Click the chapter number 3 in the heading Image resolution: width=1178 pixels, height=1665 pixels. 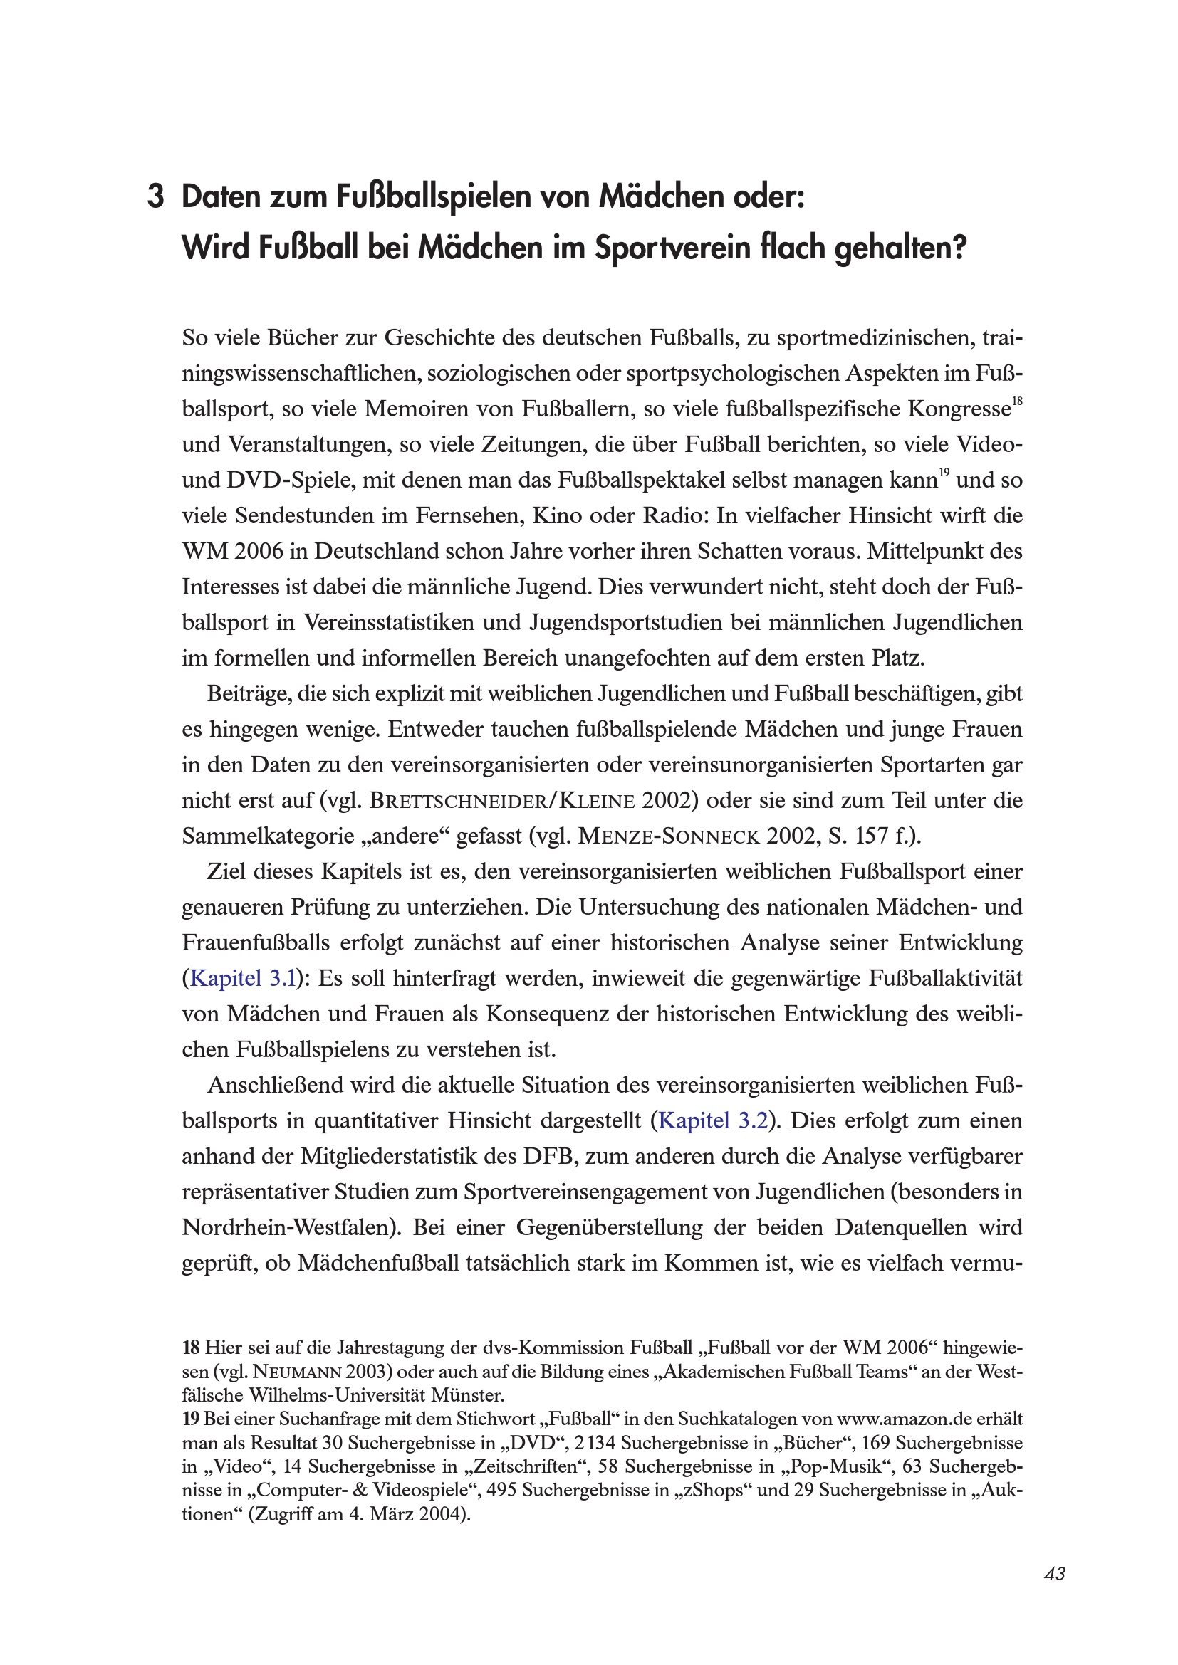click(155, 198)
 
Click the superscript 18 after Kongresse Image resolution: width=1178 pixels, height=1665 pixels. click(1017, 401)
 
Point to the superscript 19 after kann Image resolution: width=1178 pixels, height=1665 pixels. click(944, 473)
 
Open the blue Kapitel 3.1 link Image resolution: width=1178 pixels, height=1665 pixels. click(242, 979)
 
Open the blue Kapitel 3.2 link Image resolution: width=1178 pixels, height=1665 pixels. click(712, 1121)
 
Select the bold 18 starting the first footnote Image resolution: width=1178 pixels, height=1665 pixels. click(191, 1348)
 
